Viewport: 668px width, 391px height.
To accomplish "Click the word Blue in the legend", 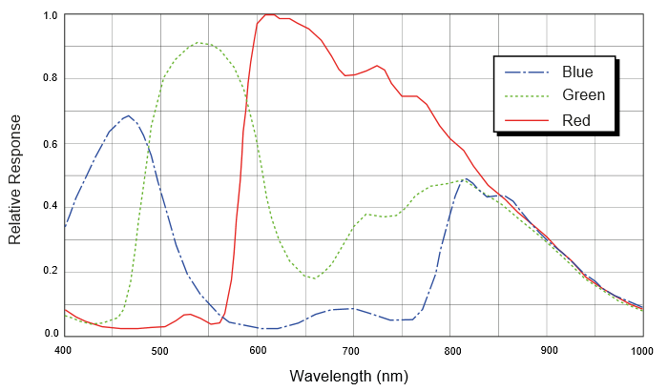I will pyautogui.click(x=577, y=72).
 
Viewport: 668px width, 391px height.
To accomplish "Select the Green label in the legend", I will pyautogui.click(x=583, y=95).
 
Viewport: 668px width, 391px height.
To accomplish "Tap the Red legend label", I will pyautogui.click(x=576, y=120).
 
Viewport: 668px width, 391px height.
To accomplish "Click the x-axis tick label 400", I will pyautogui.click(x=63, y=352).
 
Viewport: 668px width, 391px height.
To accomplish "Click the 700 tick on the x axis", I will pyautogui.click(x=353, y=352).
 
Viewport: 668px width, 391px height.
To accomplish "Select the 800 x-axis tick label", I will pyautogui.click(x=449, y=352).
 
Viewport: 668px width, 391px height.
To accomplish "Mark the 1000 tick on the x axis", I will pyautogui.click(x=641, y=352).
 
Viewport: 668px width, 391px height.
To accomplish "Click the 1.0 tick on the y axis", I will pyautogui.click(x=50, y=16).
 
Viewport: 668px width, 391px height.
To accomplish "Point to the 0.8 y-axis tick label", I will pyautogui.click(x=50, y=79).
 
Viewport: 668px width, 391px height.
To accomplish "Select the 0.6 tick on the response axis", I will pyautogui.click(x=50, y=144).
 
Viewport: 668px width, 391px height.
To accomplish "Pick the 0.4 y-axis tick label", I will pyautogui.click(x=50, y=206).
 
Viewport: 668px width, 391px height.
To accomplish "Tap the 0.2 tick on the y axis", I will pyautogui.click(x=50, y=271).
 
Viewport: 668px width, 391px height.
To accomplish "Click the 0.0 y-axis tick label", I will pyautogui.click(x=50, y=333).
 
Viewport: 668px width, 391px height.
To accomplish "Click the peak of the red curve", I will pyautogui.click(x=270, y=15).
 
